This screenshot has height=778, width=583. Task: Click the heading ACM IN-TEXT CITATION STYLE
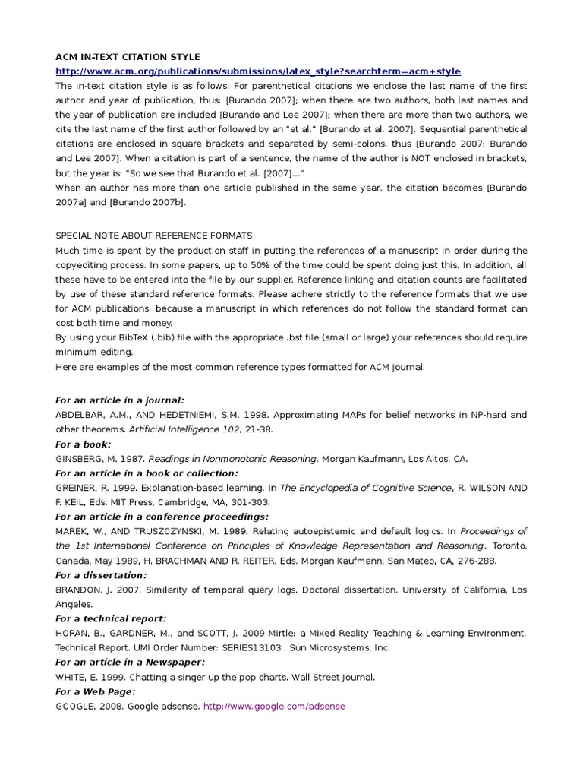point(128,57)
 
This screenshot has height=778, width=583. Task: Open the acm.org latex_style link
point(258,71)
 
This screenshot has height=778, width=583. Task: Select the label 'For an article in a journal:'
point(120,400)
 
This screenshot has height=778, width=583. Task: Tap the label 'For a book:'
point(84,444)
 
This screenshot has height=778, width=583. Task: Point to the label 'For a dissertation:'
point(102,575)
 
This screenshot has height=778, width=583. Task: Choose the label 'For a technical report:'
point(111,618)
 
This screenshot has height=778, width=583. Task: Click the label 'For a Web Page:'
point(96,691)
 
